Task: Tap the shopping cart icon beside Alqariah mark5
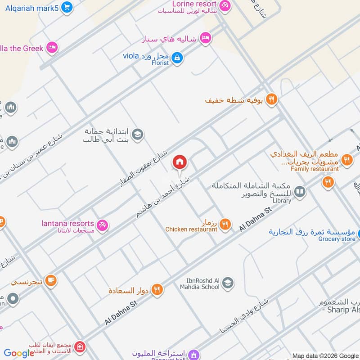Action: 67,7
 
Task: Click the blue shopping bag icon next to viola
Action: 177,58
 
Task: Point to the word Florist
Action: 160,63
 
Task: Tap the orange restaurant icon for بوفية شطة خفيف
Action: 271,99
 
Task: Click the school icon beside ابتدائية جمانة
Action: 138,134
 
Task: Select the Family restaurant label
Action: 315,169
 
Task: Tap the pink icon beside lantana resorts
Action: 103,225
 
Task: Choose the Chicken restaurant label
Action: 191,229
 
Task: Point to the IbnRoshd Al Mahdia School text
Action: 200,283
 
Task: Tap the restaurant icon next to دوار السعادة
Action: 157,290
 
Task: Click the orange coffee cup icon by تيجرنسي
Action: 51,281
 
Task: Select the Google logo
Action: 19,353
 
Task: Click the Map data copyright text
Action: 325,355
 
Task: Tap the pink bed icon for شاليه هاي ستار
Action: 206,38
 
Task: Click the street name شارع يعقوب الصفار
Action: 140,169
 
